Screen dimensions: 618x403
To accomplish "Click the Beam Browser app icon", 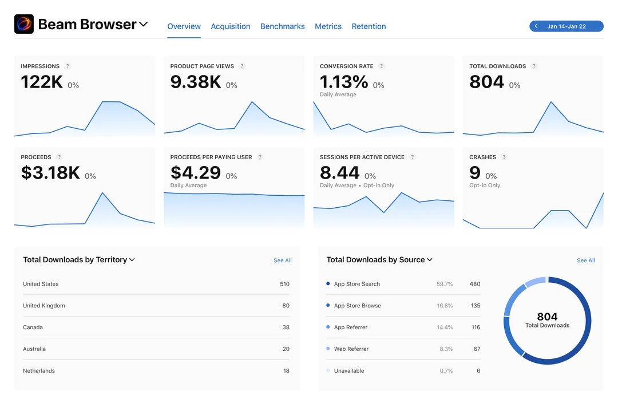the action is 24,24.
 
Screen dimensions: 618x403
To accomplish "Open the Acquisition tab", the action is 231,26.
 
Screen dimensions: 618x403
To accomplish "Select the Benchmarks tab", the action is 283,26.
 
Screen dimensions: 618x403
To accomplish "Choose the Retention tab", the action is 369,26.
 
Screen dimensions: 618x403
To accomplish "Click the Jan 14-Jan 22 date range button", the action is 566,26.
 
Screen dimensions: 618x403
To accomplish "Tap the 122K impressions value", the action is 42,82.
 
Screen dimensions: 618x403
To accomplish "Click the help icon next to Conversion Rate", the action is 381,66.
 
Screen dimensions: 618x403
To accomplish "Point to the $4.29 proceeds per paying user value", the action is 196,173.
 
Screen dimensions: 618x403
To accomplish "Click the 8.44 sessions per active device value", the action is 340,173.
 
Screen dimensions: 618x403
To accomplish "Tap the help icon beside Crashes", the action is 504,157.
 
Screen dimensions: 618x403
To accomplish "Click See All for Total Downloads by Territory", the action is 283,260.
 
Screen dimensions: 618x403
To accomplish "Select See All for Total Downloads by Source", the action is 586,260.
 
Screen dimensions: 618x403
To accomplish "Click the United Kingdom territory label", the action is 44,306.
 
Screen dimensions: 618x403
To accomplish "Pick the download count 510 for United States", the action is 284,284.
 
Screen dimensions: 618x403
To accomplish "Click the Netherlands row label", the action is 39,371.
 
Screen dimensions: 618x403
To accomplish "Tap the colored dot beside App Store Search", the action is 328,283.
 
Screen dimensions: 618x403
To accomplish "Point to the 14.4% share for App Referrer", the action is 445,327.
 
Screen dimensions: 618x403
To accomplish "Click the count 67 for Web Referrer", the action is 477,349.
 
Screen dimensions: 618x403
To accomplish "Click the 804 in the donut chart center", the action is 548,317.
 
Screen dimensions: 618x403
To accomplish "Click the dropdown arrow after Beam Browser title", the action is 144,25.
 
